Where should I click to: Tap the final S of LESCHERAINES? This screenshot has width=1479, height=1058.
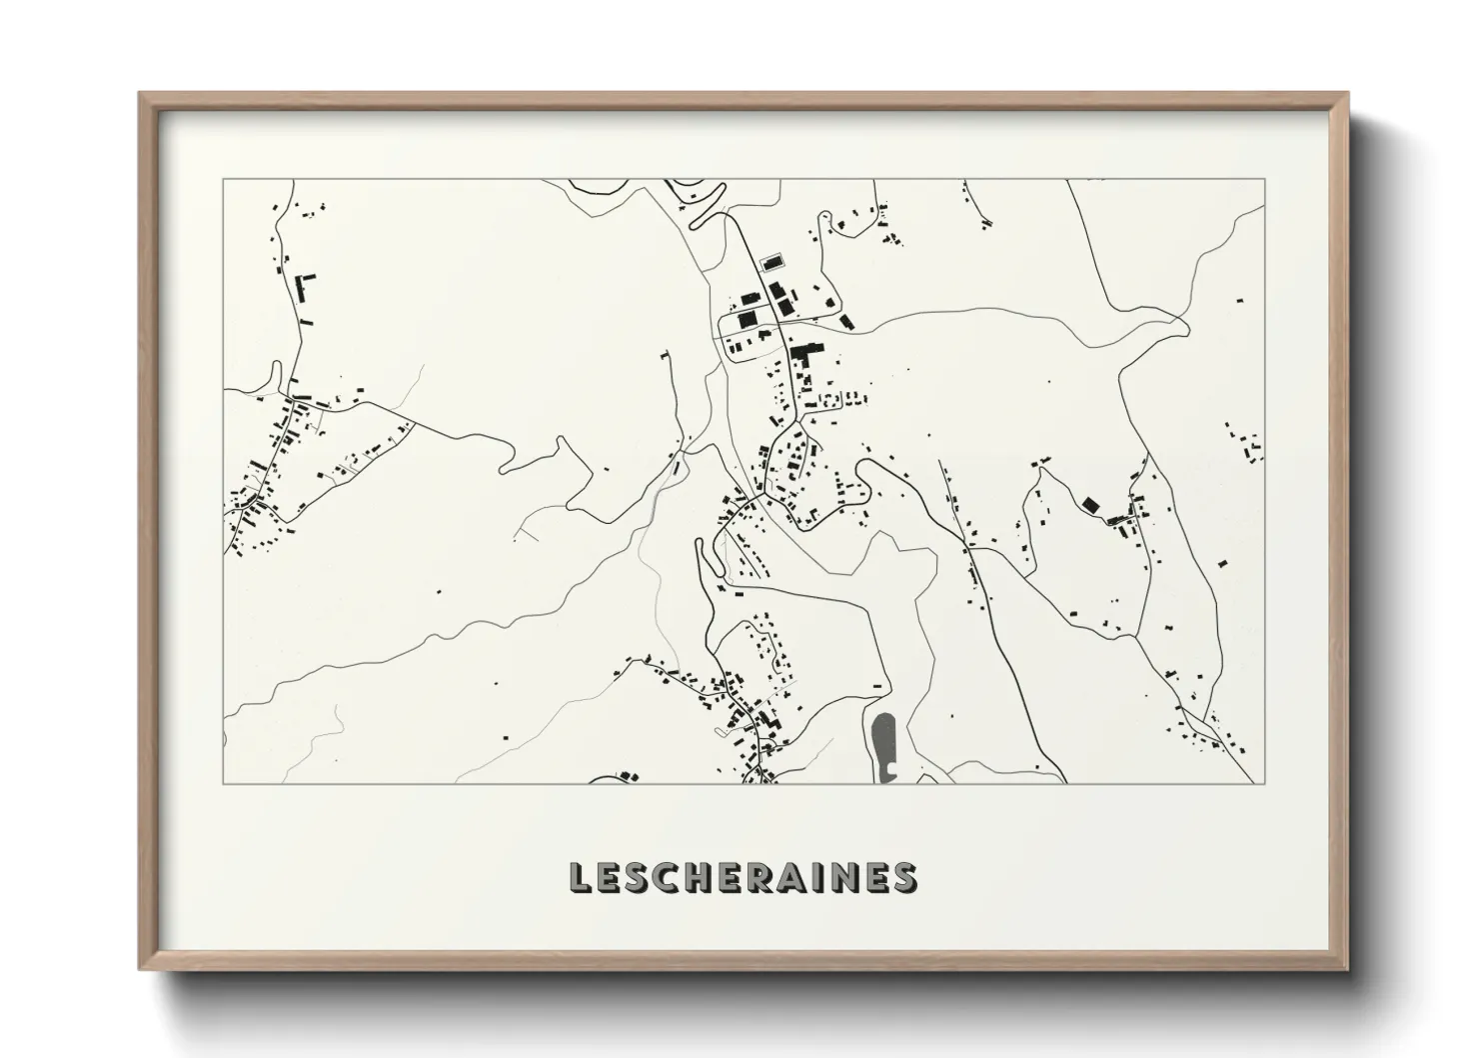pos(904,877)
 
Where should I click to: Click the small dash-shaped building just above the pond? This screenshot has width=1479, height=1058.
pos(877,685)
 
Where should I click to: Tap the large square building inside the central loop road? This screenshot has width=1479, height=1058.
pos(746,320)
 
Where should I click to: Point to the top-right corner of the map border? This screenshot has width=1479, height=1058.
pos(1265,179)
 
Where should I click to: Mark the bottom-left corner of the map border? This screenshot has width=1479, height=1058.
pos(223,783)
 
